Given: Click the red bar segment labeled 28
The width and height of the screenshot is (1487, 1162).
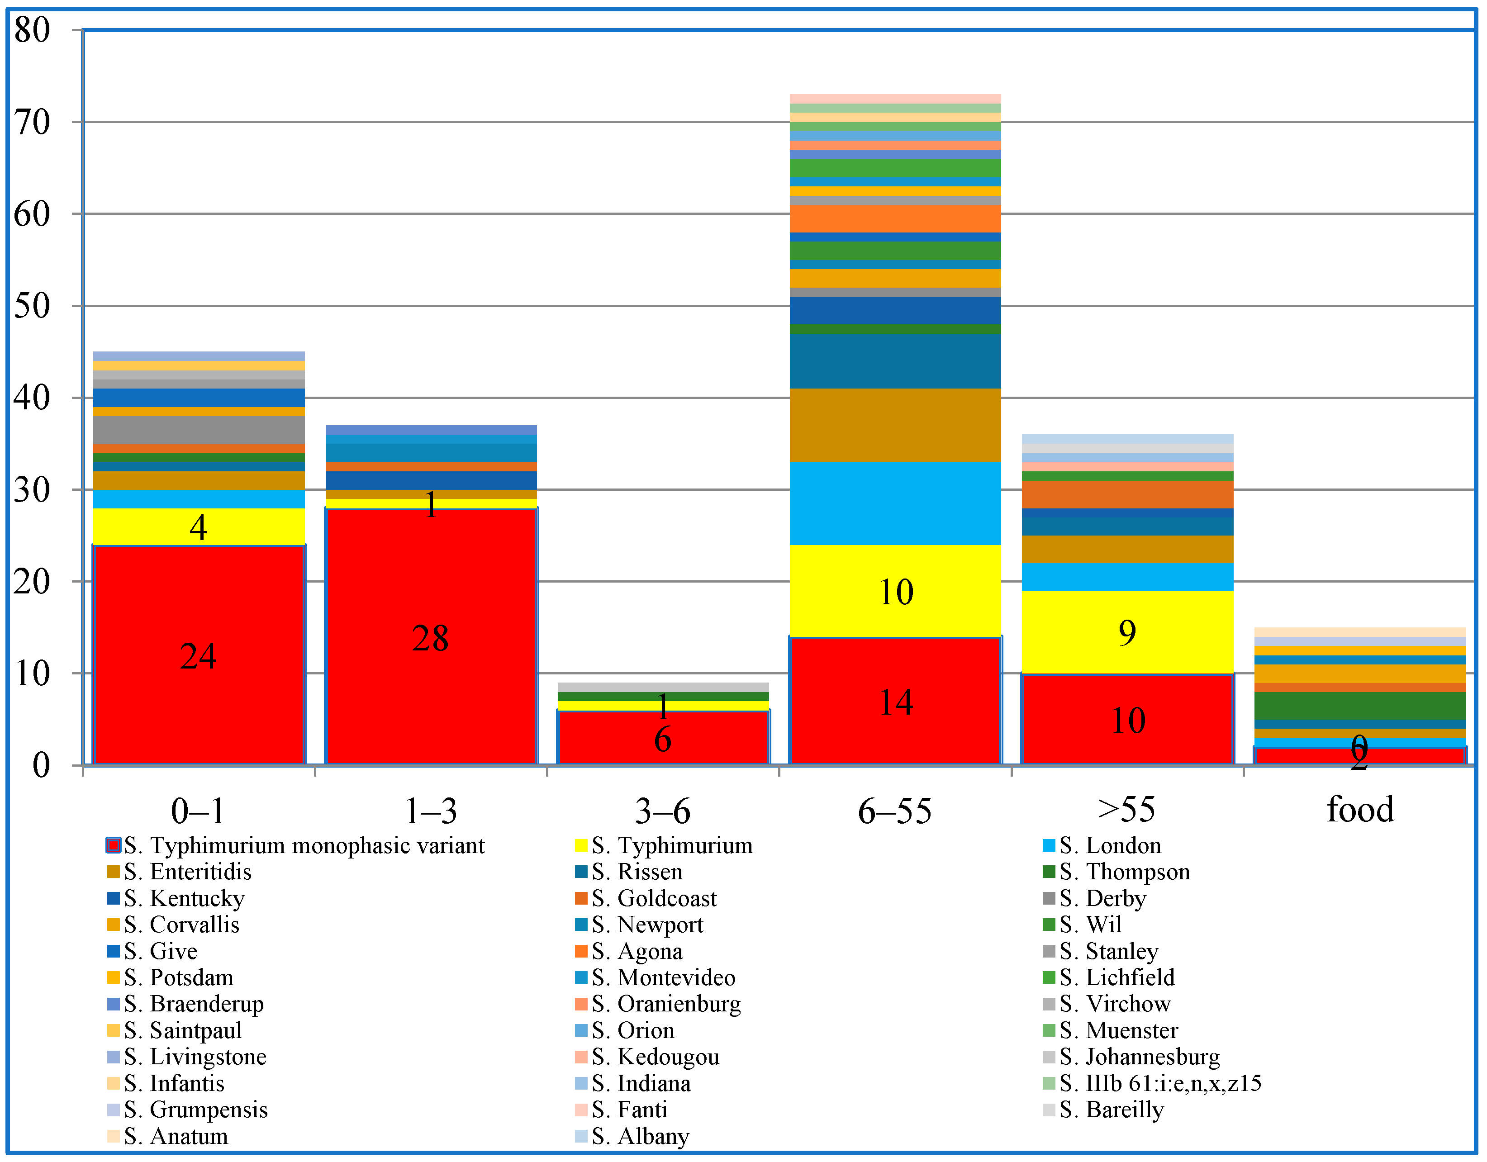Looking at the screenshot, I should click(x=430, y=636).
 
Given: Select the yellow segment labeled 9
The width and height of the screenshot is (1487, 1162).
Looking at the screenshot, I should click(x=1127, y=632).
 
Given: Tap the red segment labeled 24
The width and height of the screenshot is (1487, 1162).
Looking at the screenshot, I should click(x=198, y=655).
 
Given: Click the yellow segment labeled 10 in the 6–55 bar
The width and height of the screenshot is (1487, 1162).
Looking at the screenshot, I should click(x=895, y=590).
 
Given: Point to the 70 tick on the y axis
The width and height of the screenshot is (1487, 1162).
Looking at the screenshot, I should click(x=32, y=123).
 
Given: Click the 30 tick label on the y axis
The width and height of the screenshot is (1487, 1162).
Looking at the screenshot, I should click(x=32, y=489).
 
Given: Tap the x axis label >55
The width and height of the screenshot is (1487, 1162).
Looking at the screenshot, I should click(x=1127, y=809).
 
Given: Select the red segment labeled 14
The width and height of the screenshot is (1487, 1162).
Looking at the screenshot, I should click(x=895, y=701).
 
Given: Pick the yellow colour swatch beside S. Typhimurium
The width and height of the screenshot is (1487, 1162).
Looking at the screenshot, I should click(x=581, y=845).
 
